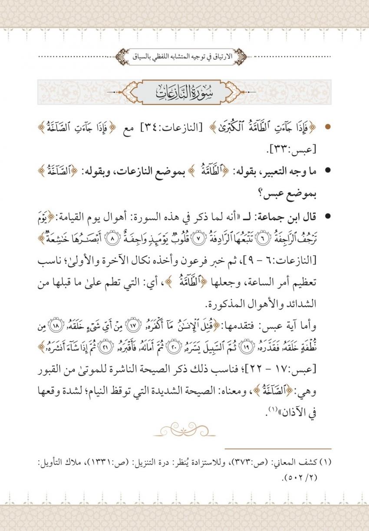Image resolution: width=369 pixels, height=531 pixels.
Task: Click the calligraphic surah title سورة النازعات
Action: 184,92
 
